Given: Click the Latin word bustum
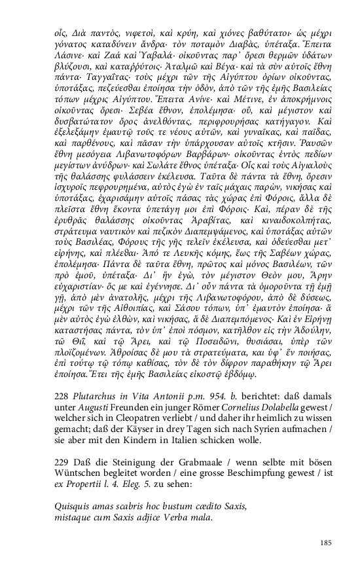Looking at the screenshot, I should pyautogui.click(x=156, y=506).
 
